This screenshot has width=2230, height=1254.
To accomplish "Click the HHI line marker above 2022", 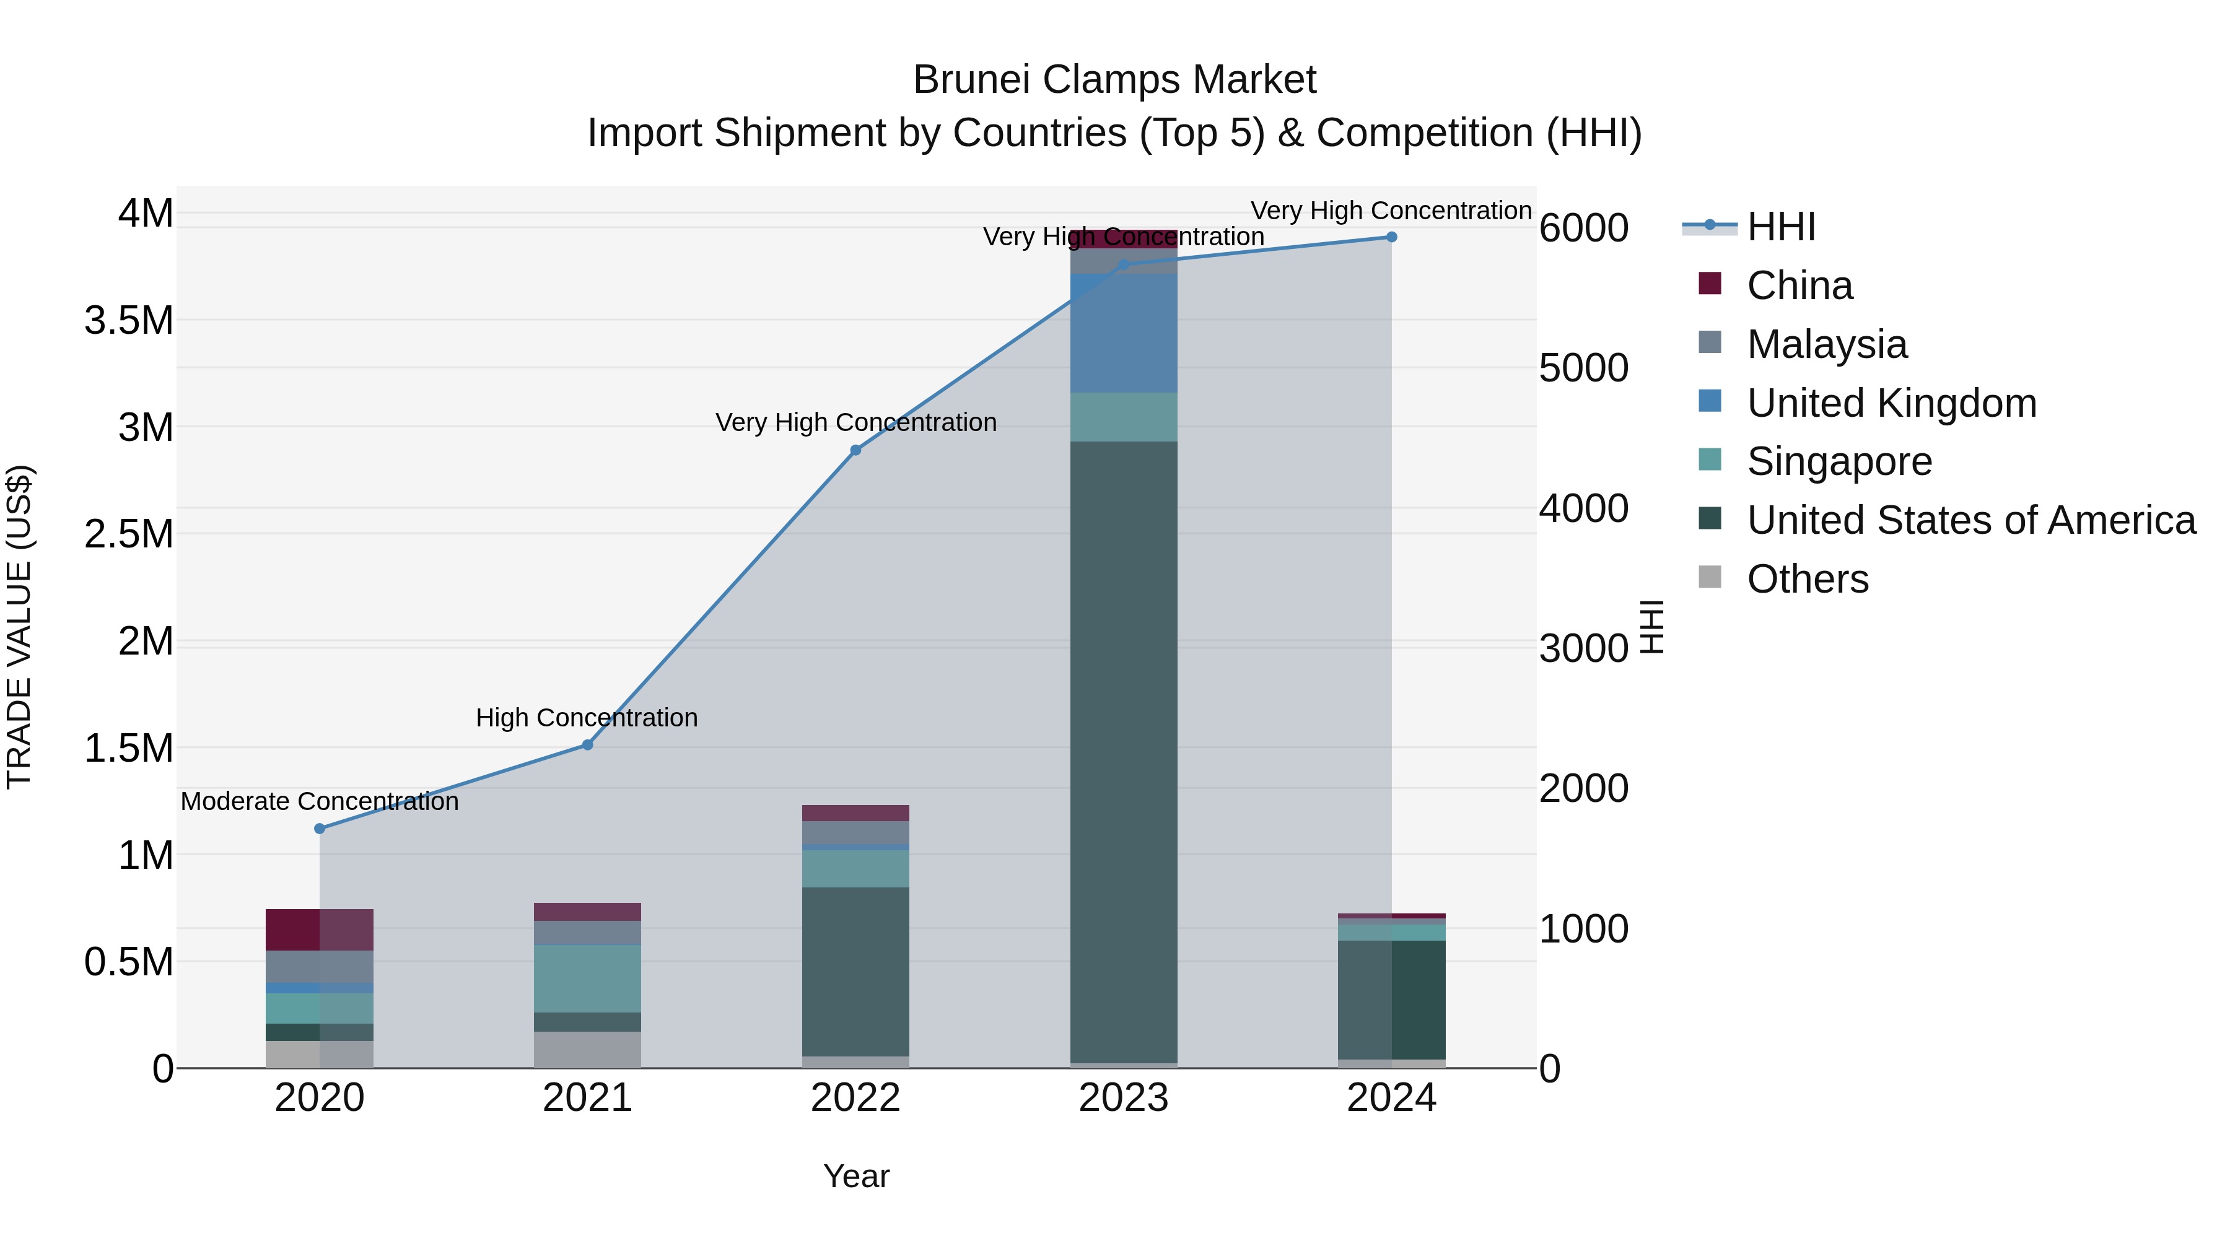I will pyautogui.click(x=855, y=450).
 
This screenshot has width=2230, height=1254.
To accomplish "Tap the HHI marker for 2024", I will pyautogui.click(x=1391, y=237).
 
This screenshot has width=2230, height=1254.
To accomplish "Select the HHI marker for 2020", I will pyautogui.click(x=320, y=828).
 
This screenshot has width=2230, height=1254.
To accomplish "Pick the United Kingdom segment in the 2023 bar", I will pyautogui.click(x=1124, y=334).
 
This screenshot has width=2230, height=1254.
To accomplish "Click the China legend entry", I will pyautogui.click(x=1799, y=285).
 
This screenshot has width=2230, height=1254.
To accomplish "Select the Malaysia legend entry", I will pyautogui.click(x=1827, y=344).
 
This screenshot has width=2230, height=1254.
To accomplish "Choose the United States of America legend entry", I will pyautogui.click(x=1970, y=520).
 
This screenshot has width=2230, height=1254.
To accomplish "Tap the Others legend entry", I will pyautogui.click(x=1808, y=579).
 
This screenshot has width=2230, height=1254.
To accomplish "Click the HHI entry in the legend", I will pyautogui.click(x=1780, y=227).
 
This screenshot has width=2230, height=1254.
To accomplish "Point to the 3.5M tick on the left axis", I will pyautogui.click(x=128, y=320).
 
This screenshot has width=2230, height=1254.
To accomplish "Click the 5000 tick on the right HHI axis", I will pyautogui.click(x=1583, y=368).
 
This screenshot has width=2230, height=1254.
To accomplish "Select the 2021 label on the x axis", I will pyautogui.click(x=587, y=1098).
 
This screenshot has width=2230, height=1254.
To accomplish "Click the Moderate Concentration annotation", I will pyautogui.click(x=320, y=801).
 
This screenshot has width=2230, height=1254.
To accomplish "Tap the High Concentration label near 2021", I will pyautogui.click(x=587, y=718).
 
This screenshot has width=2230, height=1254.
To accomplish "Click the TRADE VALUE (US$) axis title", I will pyautogui.click(x=19, y=627).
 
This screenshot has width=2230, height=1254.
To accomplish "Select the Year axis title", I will pyautogui.click(x=856, y=1176).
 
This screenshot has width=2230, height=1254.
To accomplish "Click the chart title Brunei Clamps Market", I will pyautogui.click(x=1114, y=80).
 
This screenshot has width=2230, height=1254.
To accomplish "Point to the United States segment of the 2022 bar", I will pyautogui.click(x=855, y=971).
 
